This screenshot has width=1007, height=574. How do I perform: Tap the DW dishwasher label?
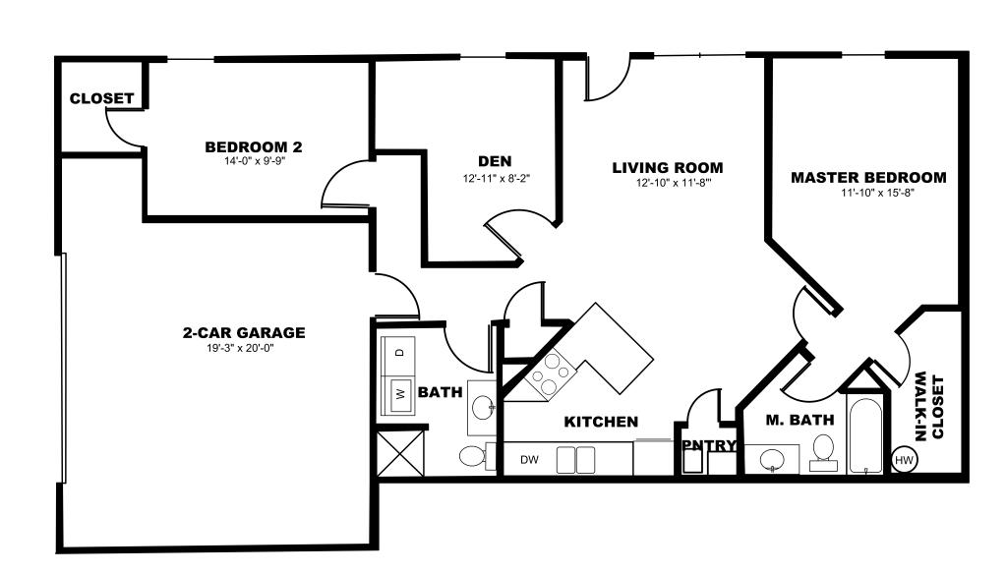(x=529, y=460)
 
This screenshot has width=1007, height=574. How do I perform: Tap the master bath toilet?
(x=823, y=453)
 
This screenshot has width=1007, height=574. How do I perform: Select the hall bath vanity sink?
(x=482, y=407)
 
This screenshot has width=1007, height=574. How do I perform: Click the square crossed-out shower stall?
(x=399, y=454)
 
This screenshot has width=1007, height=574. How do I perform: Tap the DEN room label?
(x=495, y=161)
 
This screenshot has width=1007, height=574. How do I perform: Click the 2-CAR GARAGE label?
(x=244, y=332)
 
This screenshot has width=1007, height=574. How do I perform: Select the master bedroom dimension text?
(x=878, y=193)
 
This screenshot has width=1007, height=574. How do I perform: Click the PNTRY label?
(x=709, y=445)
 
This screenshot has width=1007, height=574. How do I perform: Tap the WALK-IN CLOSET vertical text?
(x=928, y=407)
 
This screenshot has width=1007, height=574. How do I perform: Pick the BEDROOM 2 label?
(x=253, y=147)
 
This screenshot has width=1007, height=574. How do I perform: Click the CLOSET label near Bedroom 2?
(x=101, y=98)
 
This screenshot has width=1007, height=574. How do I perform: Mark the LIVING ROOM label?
(x=668, y=167)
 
